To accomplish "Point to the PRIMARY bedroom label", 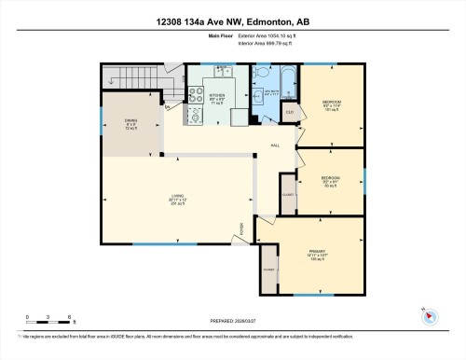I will [x=316, y=253].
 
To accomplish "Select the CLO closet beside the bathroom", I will [x=290, y=114].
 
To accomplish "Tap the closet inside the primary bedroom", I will [x=268, y=269].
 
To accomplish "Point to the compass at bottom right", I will [x=430, y=316].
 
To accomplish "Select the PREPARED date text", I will [x=232, y=316].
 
